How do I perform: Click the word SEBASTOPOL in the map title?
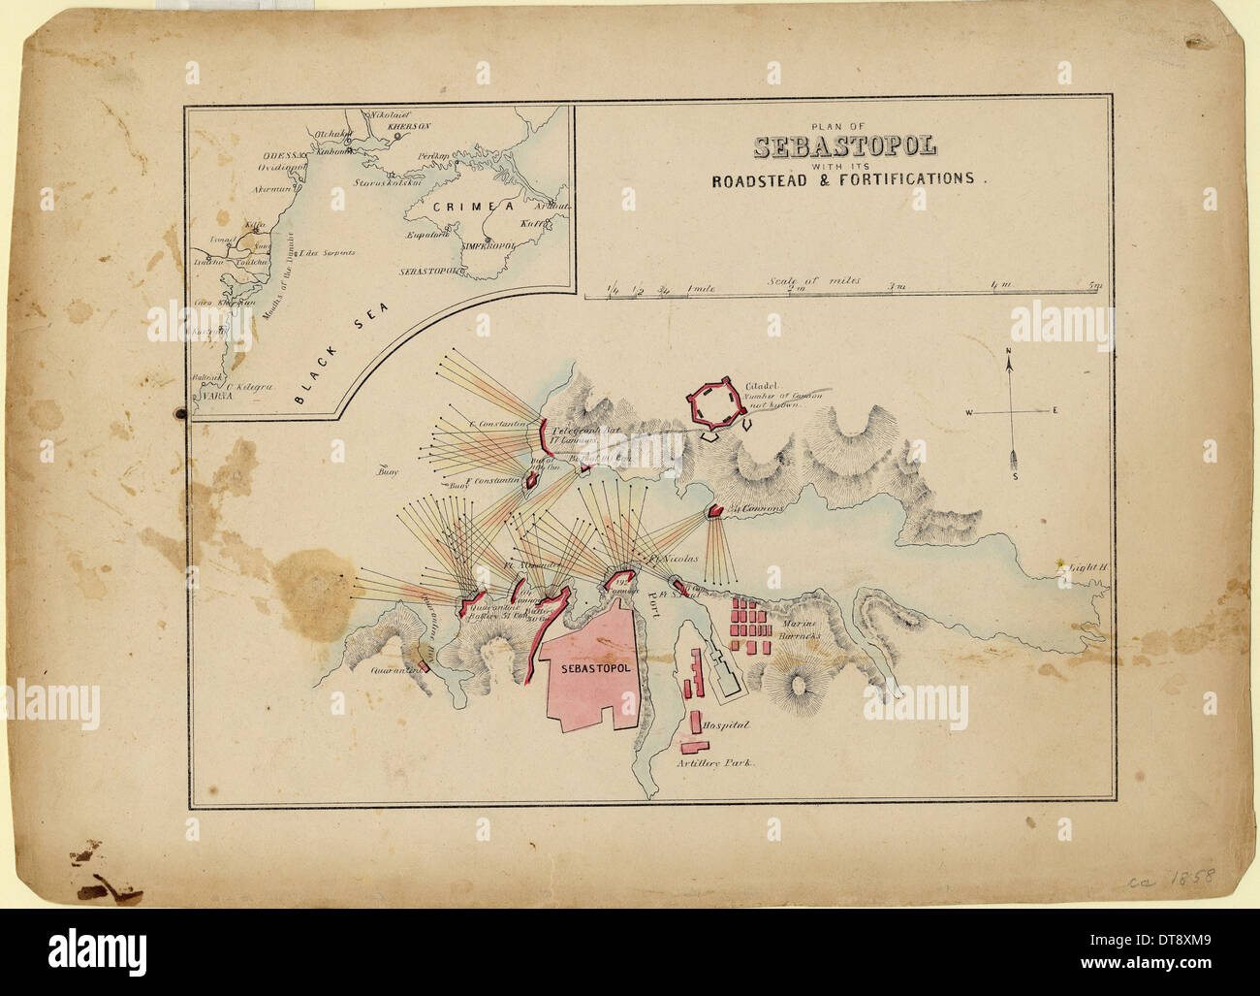[x=844, y=147]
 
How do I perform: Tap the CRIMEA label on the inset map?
[x=456, y=207]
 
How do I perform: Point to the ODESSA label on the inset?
[x=281, y=155]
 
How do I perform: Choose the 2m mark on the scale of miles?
[x=796, y=286]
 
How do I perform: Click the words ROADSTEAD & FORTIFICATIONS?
[x=842, y=179]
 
